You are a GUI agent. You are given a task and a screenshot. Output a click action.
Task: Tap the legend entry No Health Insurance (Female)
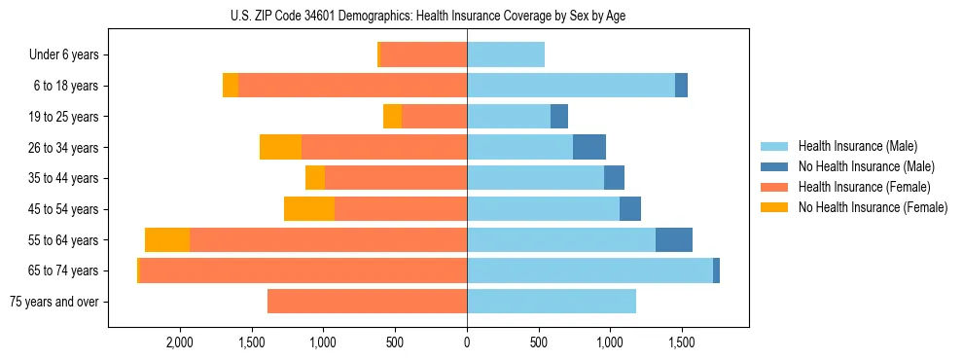pyautogui.click(x=873, y=207)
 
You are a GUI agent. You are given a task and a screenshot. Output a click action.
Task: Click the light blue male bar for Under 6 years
pyautogui.click(x=506, y=55)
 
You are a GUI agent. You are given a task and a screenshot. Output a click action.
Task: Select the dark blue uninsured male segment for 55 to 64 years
pyautogui.click(x=674, y=240)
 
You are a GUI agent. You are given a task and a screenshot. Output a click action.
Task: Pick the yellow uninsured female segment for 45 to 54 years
pyautogui.click(x=309, y=209)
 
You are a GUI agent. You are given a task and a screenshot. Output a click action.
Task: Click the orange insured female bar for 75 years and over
pyautogui.click(x=367, y=302)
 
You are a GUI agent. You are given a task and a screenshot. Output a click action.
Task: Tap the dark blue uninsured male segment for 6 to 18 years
pyautogui.click(x=681, y=86)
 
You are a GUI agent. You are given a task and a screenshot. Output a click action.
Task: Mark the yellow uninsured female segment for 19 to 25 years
pyautogui.click(x=392, y=117)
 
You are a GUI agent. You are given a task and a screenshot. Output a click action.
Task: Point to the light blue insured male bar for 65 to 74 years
pyautogui.click(x=589, y=270)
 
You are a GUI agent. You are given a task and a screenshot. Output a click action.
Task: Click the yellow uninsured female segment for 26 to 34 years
pyautogui.click(x=280, y=148)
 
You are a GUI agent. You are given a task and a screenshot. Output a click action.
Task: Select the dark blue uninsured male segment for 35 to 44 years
pyautogui.click(x=614, y=178)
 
